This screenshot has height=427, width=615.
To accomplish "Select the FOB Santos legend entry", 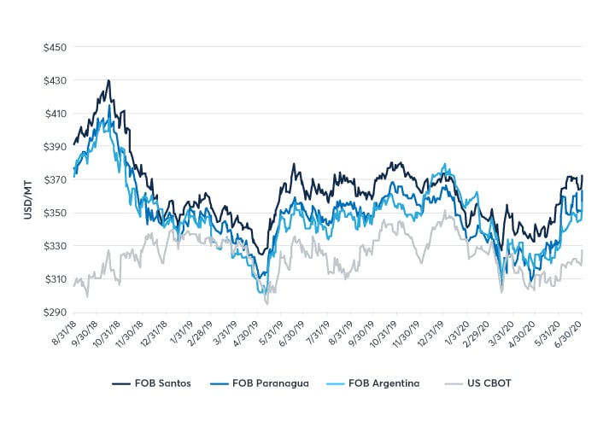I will pyautogui.click(x=150, y=384).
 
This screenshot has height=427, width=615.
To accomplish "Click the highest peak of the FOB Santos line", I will pyautogui.click(x=108, y=80).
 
